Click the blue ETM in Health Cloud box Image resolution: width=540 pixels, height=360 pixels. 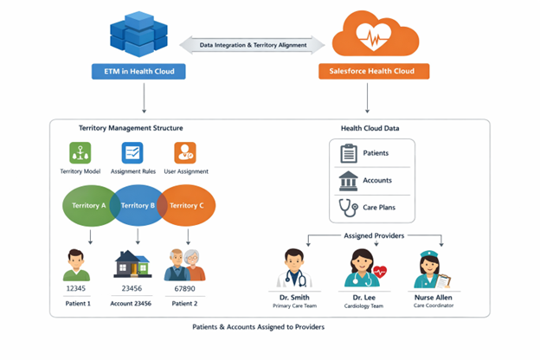tap(138, 72)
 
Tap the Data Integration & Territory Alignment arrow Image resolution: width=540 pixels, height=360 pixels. tap(253, 45)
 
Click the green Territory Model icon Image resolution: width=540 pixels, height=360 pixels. tap(80, 153)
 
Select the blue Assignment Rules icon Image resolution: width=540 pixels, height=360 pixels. tap(133, 153)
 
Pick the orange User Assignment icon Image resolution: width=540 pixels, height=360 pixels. tap(185, 153)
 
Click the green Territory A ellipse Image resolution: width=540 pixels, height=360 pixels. tap(87, 206)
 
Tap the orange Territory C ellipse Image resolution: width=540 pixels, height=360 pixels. tap(189, 206)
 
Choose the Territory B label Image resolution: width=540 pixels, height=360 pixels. tap(136, 206)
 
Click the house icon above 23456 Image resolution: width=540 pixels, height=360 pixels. tap(133, 264)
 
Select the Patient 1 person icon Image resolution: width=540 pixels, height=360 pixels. tap(77, 265)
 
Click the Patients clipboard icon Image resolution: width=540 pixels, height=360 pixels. tap(349, 153)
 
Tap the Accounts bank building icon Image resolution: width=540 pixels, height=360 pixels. tap(349, 181)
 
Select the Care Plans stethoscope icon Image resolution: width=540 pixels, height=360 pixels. tap(349, 208)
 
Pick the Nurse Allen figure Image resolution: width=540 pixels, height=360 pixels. tap(433, 268)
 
